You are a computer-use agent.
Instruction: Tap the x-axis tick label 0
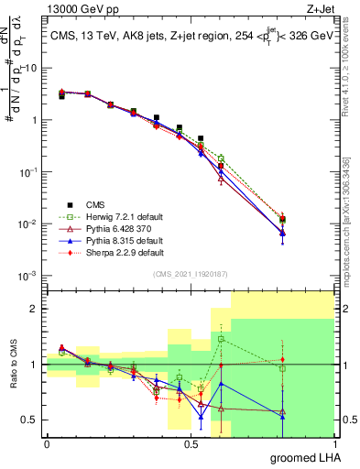47,443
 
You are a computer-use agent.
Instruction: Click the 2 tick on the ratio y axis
36,310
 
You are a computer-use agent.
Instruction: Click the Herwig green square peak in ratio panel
221,339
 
